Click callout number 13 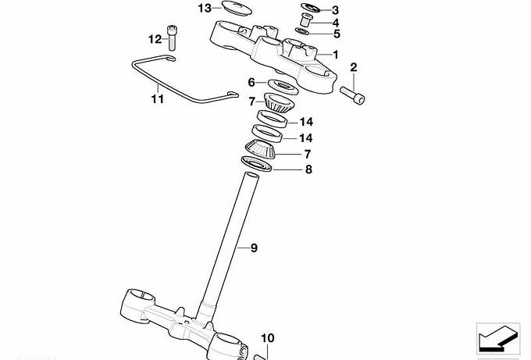[x=205, y=9]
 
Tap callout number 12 [x=155, y=38]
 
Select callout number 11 [x=158, y=99]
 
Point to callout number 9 [x=253, y=248]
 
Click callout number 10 [x=267, y=338]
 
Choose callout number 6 [x=251, y=82]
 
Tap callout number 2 [x=353, y=68]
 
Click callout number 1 [x=336, y=55]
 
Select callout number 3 [x=336, y=10]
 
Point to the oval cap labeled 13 [x=230, y=9]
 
